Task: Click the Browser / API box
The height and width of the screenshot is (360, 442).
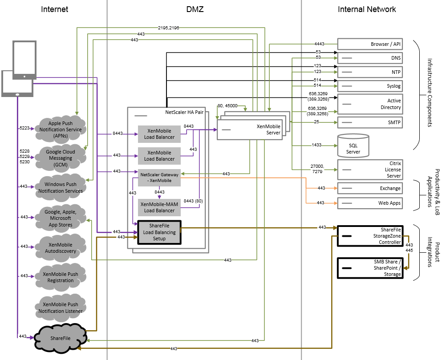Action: click(370, 44)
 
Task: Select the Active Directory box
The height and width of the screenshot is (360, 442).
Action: click(370, 104)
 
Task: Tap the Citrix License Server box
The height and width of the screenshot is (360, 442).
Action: click(370, 170)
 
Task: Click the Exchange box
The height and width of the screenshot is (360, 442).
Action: click(370, 188)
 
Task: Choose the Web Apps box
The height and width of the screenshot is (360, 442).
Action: click(370, 203)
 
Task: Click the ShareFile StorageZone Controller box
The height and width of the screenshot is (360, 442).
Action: click(370, 235)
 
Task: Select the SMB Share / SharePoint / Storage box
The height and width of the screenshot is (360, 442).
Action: click(370, 268)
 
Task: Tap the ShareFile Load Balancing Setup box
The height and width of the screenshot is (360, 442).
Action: click(159, 232)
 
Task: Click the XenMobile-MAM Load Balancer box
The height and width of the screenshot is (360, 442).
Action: click(159, 207)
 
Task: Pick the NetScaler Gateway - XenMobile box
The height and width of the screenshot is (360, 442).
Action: click(159, 178)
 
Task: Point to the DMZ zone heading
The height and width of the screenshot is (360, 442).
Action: click(195, 9)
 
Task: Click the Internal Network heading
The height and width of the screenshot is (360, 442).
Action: click(367, 9)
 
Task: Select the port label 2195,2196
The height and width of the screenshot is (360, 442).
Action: click(169, 28)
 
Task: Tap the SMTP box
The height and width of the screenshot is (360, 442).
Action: click(370, 122)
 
